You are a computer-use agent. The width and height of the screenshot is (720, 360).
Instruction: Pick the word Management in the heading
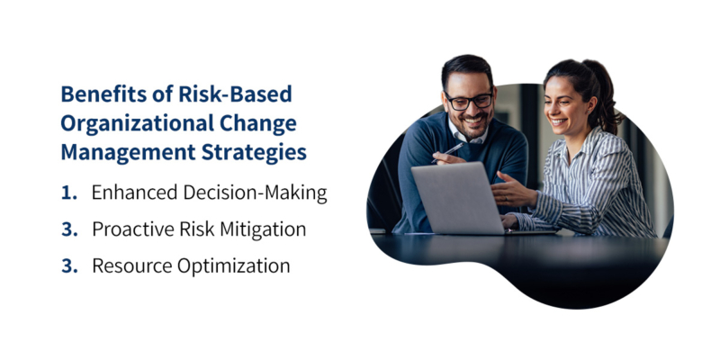pyautogui.click(x=120, y=152)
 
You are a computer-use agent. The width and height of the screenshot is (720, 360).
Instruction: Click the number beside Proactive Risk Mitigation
pyautogui.click(x=67, y=229)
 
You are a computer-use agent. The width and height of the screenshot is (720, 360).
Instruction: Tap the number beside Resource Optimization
pyautogui.click(x=67, y=266)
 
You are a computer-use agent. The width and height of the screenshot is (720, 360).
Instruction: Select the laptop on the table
pyautogui.click(x=454, y=198)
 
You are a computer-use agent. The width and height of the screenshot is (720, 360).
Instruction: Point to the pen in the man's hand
pyautogui.click(x=454, y=148)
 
